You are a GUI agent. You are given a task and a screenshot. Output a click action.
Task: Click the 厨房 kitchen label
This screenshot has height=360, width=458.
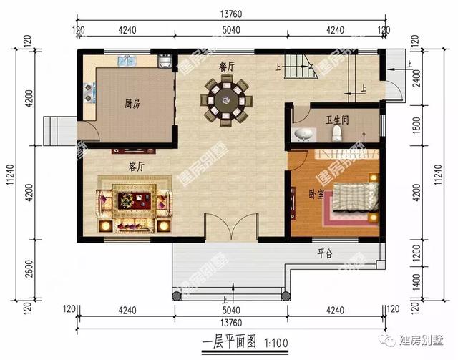[132, 104]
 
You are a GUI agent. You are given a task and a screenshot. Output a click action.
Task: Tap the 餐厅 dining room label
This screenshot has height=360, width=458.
[228, 66]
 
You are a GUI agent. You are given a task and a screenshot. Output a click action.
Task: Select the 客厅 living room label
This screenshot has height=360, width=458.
[137, 166]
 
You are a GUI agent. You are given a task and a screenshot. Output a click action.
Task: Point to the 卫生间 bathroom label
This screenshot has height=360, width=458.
[337, 120]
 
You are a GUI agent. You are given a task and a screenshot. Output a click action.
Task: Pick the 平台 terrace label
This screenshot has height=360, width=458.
[325, 254]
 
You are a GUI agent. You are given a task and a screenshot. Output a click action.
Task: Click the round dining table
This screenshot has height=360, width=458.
[227, 99]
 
